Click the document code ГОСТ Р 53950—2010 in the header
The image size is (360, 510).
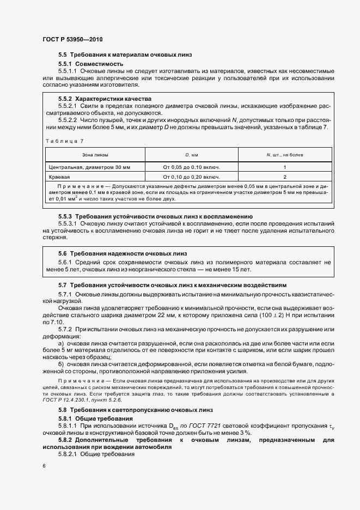click(x=72, y=39)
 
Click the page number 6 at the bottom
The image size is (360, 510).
click(x=44, y=466)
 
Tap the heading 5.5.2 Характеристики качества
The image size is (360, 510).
click(x=105, y=99)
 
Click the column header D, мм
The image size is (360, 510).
click(x=191, y=155)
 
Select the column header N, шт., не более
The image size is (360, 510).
click(x=285, y=155)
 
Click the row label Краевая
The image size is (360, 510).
click(x=59, y=177)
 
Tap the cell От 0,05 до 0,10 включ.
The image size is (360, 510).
click(x=191, y=167)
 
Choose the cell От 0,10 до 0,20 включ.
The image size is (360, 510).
click(x=191, y=177)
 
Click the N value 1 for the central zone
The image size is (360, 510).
click(x=285, y=167)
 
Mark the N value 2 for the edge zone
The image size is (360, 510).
click(x=285, y=177)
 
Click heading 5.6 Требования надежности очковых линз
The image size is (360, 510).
click(x=122, y=253)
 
